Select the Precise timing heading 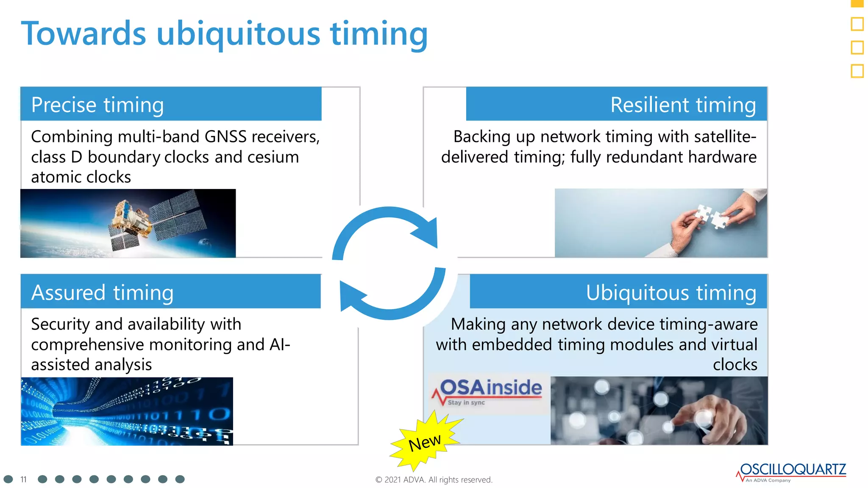(x=97, y=105)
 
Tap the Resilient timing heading (x=683, y=105)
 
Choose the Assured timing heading (x=102, y=293)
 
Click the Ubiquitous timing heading (x=671, y=293)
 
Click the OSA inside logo (x=487, y=392)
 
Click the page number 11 (x=24, y=480)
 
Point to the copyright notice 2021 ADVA (x=434, y=480)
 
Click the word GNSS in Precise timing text (x=225, y=137)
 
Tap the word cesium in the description (x=273, y=157)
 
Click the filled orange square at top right (x=857, y=3)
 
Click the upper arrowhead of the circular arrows (x=427, y=232)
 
